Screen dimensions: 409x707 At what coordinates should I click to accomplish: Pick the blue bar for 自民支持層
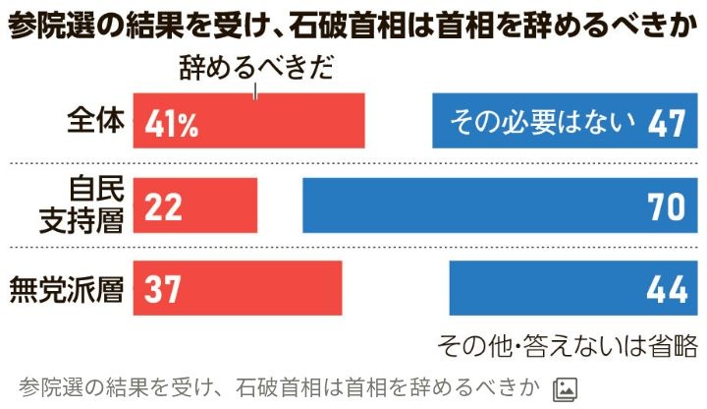[x=471, y=205]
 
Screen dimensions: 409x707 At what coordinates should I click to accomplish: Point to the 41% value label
[x=173, y=123]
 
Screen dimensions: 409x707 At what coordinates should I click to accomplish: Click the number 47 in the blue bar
[x=665, y=122]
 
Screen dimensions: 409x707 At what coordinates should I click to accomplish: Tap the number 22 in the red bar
[x=163, y=206]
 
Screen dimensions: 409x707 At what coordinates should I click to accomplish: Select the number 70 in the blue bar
[x=665, y=206]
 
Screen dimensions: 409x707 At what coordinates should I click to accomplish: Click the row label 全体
[x=96, y=121]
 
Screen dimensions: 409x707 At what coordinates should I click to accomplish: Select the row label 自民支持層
[x=95, y=204]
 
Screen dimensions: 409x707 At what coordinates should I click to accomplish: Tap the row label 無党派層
[x=66, y=289]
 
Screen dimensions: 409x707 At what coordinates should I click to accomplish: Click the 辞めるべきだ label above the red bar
[x=257, y=69]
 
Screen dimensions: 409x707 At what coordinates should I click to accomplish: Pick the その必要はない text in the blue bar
[x=541, y=122]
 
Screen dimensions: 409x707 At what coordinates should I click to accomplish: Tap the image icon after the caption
[x=565, y=387]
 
